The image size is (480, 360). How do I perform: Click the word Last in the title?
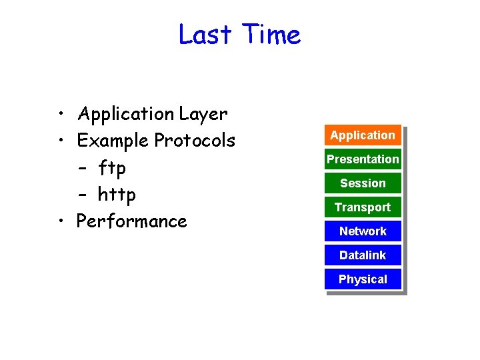coord(205,34)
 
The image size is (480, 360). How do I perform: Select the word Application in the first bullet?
coord(126,115)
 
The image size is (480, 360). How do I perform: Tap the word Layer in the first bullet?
coord(203,115)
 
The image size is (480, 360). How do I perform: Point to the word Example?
coord(113,141)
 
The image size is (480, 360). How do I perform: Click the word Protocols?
coord(195,141)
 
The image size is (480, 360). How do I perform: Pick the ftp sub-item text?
coord(111,168)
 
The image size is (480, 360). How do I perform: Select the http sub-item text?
coord(117,195)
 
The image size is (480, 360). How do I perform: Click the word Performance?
coord(132,221)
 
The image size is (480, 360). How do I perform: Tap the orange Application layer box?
coord(363,135)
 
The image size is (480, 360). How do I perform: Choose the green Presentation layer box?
coord(363,159)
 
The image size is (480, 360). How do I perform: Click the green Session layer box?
coord(363,183)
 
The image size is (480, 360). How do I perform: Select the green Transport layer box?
coord(363,207)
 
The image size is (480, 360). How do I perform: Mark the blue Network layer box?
coord(363,231)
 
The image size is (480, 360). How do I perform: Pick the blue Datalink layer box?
coord(363,255)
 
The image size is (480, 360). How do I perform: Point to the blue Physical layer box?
coord(363,279)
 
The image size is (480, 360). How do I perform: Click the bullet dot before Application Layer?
coord(61,114)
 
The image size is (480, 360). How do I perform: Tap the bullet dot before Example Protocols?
coord(61,141)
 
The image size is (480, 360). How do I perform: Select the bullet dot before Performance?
coord(61,221)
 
